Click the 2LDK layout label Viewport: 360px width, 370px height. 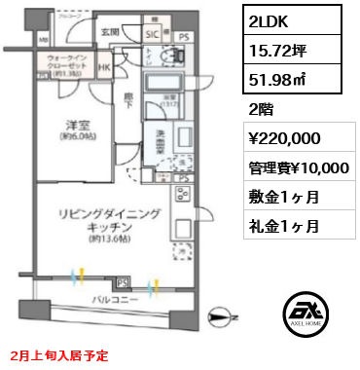pos(267,18)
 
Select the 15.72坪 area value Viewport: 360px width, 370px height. pos(276,47)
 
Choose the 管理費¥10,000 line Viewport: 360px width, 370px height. pos(298,167)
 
